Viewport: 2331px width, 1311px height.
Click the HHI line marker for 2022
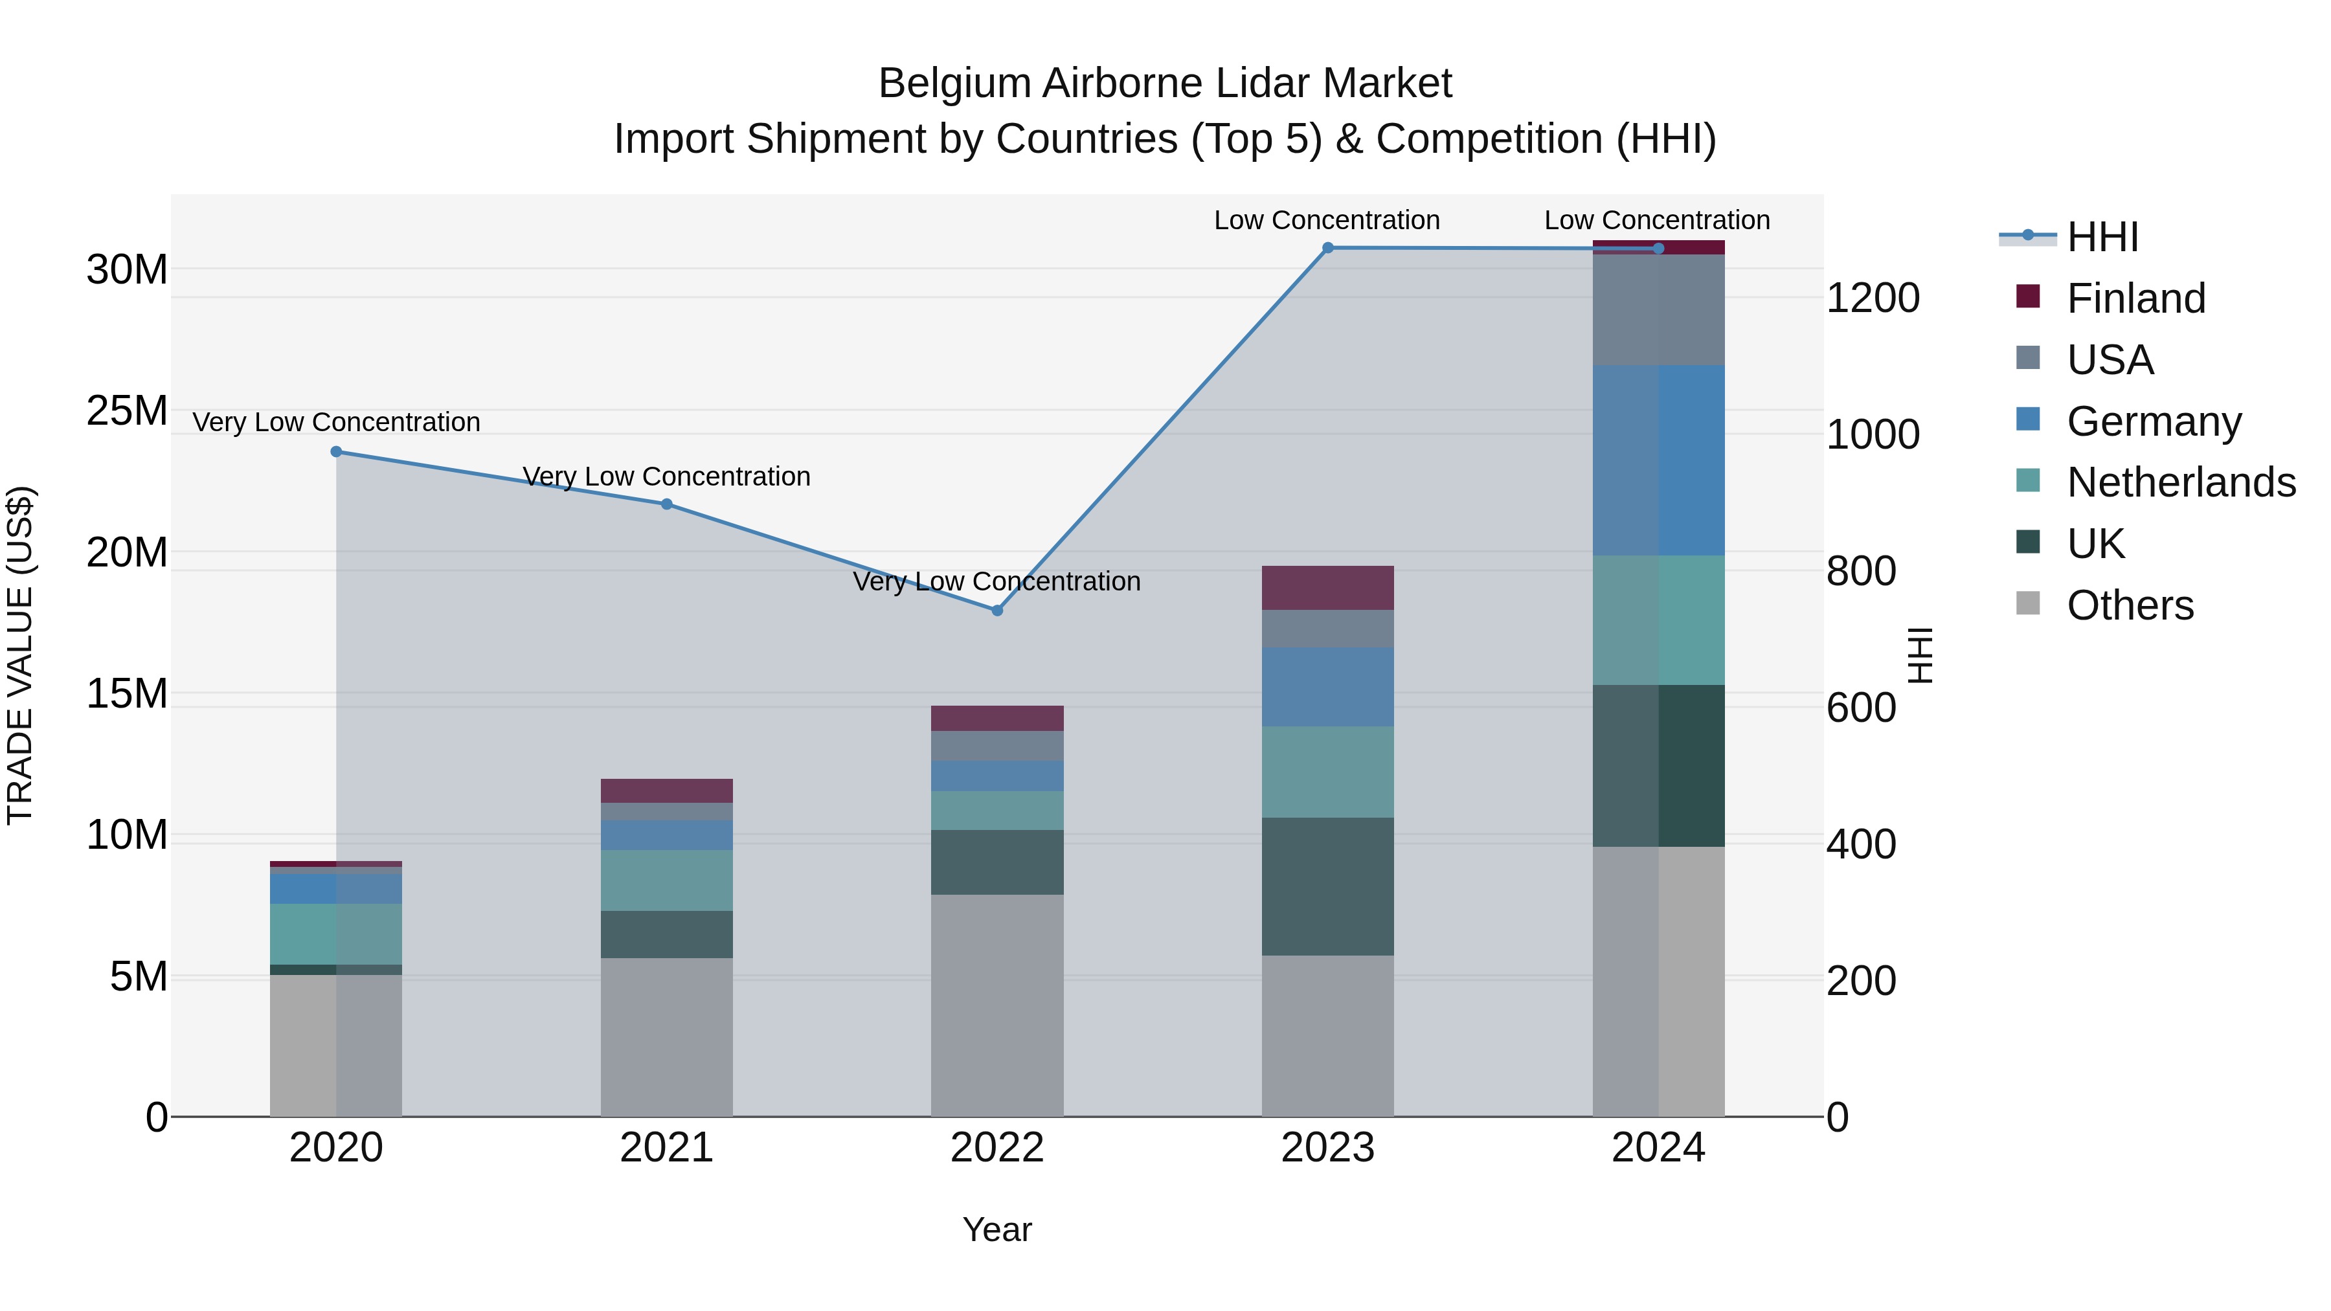coord(997,611)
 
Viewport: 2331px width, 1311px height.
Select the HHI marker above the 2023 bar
coord(1327,248)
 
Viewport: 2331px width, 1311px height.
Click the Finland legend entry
coord(2135,298)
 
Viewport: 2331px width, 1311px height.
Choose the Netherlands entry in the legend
coord(2181,482)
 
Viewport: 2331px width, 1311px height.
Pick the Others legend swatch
coord(2028,603)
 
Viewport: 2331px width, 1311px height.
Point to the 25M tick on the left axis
coord(127,410)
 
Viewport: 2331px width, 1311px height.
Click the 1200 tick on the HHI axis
coord(1872,298)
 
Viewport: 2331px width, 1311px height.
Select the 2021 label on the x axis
coord(666,1148)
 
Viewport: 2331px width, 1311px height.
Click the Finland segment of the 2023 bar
coord(1327,588)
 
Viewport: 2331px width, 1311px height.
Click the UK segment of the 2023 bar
coord(1327,887)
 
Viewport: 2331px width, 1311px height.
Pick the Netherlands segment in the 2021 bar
coord(666,880)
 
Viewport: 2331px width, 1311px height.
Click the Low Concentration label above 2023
coord(1327,221)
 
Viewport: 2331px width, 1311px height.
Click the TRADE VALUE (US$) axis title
coord(20,655)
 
